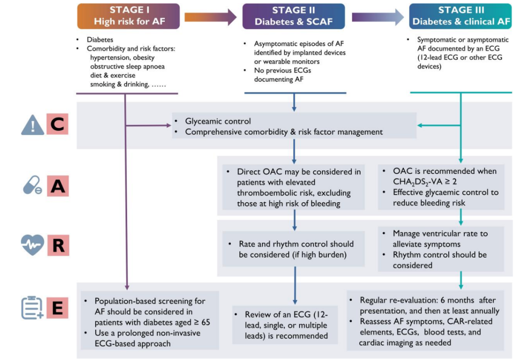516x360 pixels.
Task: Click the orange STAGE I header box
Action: pos(129,16)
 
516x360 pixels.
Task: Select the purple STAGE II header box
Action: pos(293,16)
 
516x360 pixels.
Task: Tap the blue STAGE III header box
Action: pos(461,16)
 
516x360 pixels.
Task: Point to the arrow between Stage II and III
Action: pos(378,17)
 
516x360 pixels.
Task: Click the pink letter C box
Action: pos(57,124)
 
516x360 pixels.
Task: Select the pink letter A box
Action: pos(58,186)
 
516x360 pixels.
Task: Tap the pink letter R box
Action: pos(58,245)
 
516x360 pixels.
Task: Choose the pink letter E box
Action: pos(57,307)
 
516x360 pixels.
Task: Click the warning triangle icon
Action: pos(32,125)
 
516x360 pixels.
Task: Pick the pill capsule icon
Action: pos(32,185)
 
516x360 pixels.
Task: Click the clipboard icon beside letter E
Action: pos(32,308)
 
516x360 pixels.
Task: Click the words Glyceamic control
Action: pos(218,121)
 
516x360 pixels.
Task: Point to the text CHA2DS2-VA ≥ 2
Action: pos(425,182)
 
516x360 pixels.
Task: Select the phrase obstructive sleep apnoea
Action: pos(128,66)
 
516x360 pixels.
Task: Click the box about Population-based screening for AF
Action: pos(150,320)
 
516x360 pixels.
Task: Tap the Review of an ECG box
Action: pos(285,325)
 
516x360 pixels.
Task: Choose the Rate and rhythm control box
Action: pos(293,249)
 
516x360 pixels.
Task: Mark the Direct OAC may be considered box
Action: pos(293,187)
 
